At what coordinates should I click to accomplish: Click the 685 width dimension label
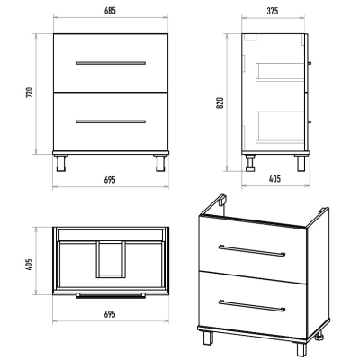tap(110, 11)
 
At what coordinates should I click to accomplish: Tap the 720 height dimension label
tap(30, 93)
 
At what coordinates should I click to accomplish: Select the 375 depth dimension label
tap(273, 11)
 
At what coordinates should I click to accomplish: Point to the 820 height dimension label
tap(220, 103)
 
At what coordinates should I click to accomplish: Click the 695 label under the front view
tap(110, 180)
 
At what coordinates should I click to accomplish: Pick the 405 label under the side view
tap(274, 179)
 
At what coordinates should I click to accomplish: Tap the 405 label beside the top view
tap(30, 265)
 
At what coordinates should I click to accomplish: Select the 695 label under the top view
tap(110, 314)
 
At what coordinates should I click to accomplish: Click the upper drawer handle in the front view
tap(111, 63)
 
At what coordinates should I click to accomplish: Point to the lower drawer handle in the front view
tap(111, 121)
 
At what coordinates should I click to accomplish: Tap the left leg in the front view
tap(61, 163)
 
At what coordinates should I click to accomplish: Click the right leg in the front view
tap(160, 163)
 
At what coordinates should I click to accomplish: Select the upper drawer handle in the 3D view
tap(252, 250)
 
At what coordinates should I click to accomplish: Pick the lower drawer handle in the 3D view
tap(252, 305)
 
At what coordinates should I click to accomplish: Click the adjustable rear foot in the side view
tap(250, 163)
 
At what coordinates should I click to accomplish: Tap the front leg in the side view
tap(301, 163)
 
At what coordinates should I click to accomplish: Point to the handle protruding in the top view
tap(111, 296)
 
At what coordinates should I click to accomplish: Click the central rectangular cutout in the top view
tap(111, 259)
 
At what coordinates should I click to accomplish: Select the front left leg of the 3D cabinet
tap(208, 338)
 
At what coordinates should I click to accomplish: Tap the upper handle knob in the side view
tap(310, 63)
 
